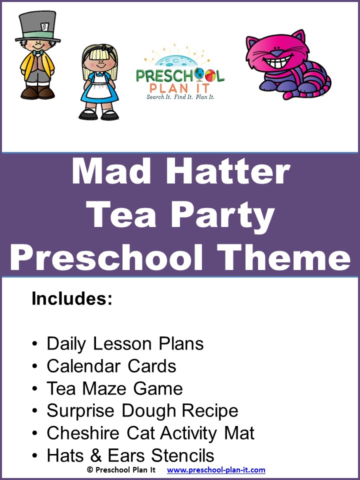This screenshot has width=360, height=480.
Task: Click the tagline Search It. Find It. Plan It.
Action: click(x=180, y=96)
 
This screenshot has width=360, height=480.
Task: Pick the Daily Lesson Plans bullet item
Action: click(x=125, y=344)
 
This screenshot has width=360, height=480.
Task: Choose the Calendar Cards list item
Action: click(x=111, y=366)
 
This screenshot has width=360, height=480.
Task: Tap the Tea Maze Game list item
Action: click(x=114, y=388)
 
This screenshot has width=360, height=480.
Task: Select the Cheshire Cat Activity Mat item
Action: click(x=150, y=433)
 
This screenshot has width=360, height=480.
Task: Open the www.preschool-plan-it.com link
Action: click(x=216, y=470)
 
